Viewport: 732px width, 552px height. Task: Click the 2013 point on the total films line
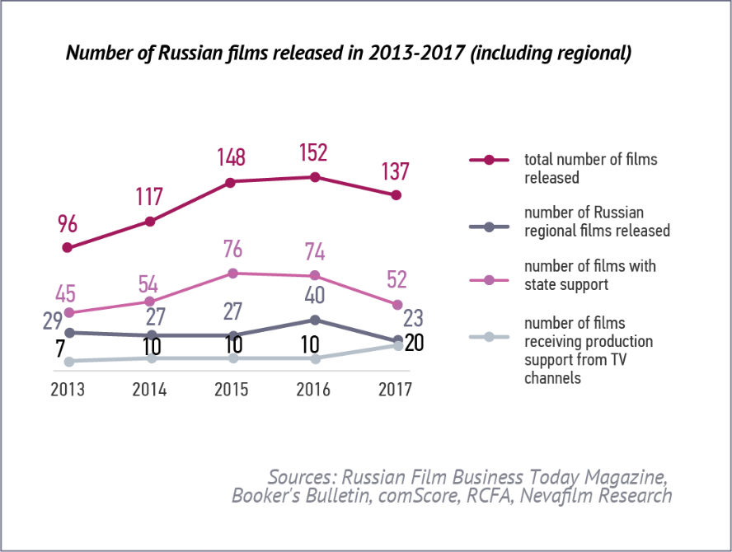click(x=68, y=247)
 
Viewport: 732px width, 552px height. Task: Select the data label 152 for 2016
click(x=314, y=152)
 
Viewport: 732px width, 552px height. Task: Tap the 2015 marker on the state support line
click(x=232, y=273)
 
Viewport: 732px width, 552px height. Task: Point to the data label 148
click(x=232, y=157)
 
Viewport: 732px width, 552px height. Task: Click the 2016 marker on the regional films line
click(x=315, y=320)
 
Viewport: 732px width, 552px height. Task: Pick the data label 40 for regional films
click(x=314, y=296)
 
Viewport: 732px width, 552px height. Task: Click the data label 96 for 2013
click(x=68, y=223)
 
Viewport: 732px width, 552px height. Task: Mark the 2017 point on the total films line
click(x=396, y=195)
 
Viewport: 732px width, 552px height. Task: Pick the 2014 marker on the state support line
click(x=150, y=302)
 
